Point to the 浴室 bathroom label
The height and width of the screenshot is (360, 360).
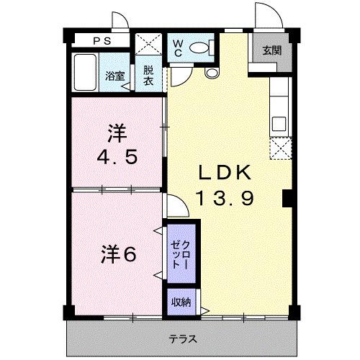[114, 76]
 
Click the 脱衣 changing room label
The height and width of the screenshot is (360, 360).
[148, 75]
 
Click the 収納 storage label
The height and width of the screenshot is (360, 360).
[180, 302]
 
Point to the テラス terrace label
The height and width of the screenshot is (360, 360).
[183, 338]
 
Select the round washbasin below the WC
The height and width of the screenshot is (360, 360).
[212, 72]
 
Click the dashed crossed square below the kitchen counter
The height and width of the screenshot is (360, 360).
[279, 148]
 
